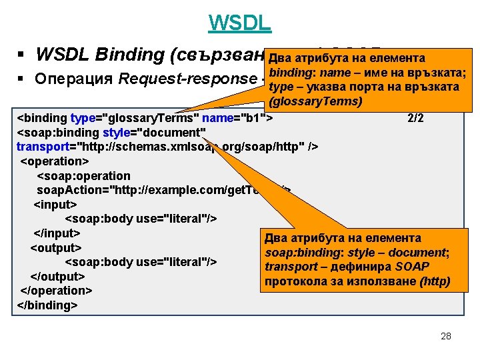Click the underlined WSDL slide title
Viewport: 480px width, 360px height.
[x=239, y=23]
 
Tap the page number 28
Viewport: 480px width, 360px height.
[x=446, y=336]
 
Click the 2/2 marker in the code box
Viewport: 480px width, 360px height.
[x=415, y=118]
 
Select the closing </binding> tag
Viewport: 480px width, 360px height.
[x=47, y=305]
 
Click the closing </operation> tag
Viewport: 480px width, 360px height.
[x=56, y=291]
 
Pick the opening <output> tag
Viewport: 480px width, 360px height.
[x=55, y=247]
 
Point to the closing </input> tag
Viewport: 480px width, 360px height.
[x=57, y=233]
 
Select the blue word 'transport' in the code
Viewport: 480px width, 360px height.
[x=40, y=147]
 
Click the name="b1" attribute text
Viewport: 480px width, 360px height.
[x=237, y=118]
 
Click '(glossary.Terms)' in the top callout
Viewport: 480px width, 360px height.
[x=313, y=101]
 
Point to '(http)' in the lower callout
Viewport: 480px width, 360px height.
[x=434, y=281]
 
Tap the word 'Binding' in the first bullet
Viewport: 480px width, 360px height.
[x=117, y=54]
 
